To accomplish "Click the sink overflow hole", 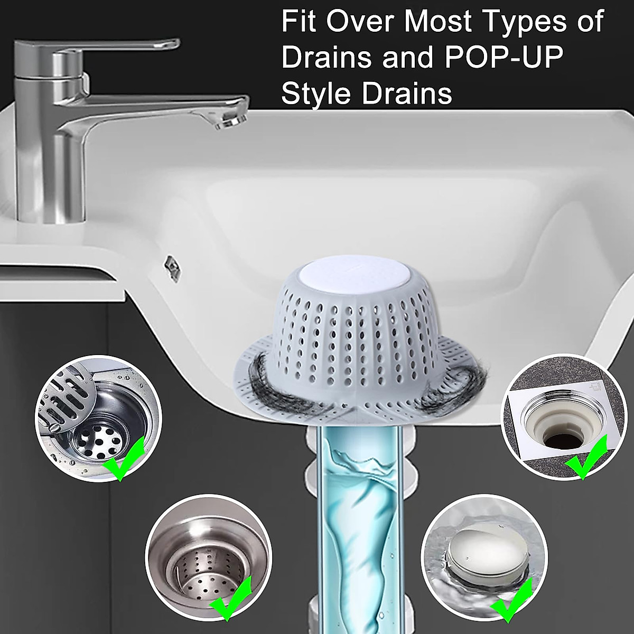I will coord(171,262).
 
